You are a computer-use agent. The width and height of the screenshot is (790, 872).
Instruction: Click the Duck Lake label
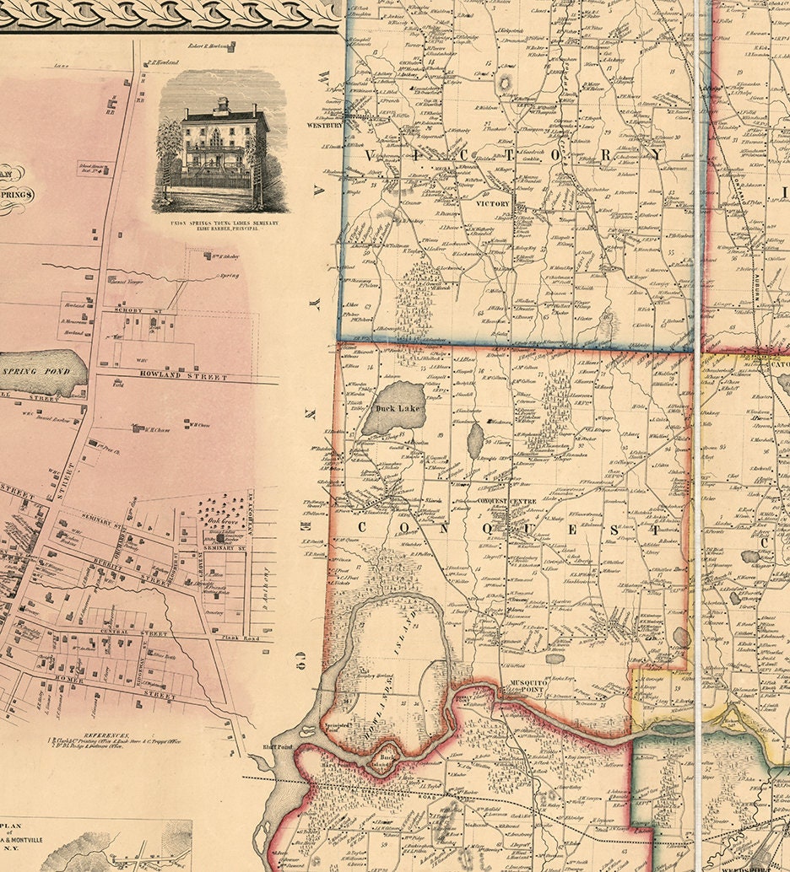click(397, 408)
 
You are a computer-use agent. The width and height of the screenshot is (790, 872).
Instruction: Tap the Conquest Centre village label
click(507, 501)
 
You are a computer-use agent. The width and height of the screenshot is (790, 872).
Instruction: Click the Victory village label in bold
click(492, 204)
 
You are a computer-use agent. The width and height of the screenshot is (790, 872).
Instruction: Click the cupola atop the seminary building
click(222, 105)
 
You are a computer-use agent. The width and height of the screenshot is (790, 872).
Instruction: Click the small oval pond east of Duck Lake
click(475, 439)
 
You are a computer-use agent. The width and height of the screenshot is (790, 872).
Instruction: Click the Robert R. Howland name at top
click(209, 46)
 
